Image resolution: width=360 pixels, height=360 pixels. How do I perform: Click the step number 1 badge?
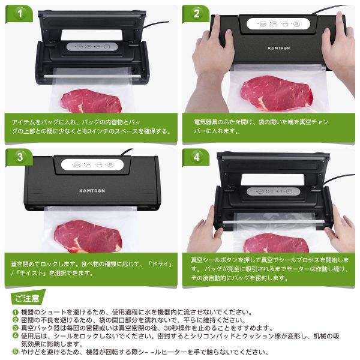(20, 14)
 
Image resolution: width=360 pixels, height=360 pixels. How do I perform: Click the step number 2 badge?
(197, 14)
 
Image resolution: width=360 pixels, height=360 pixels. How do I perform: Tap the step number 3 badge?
(20, 157)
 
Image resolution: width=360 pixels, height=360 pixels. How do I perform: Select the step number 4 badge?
(197, 157)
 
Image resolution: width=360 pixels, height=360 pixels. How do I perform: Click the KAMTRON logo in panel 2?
(279, 48)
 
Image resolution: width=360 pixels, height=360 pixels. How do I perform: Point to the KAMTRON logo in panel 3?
(92, 191)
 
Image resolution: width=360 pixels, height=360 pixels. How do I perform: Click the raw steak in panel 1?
(91, 101)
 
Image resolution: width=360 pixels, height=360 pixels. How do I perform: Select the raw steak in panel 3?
(88, 236)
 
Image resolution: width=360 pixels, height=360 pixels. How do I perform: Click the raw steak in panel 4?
(276, 244)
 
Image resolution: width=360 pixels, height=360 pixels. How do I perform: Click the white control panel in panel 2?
(278, 23)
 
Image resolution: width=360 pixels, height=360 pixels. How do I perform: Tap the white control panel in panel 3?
(92, 164)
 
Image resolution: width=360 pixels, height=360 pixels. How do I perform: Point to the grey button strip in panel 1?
(92, 47)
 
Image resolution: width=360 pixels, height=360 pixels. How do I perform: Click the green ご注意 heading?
(27, 298)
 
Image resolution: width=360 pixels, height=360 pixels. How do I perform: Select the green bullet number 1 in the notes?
(16, 312)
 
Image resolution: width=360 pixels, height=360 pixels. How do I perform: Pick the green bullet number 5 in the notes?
(16, 352)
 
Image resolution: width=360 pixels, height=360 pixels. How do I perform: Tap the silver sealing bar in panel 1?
(92, 76)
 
